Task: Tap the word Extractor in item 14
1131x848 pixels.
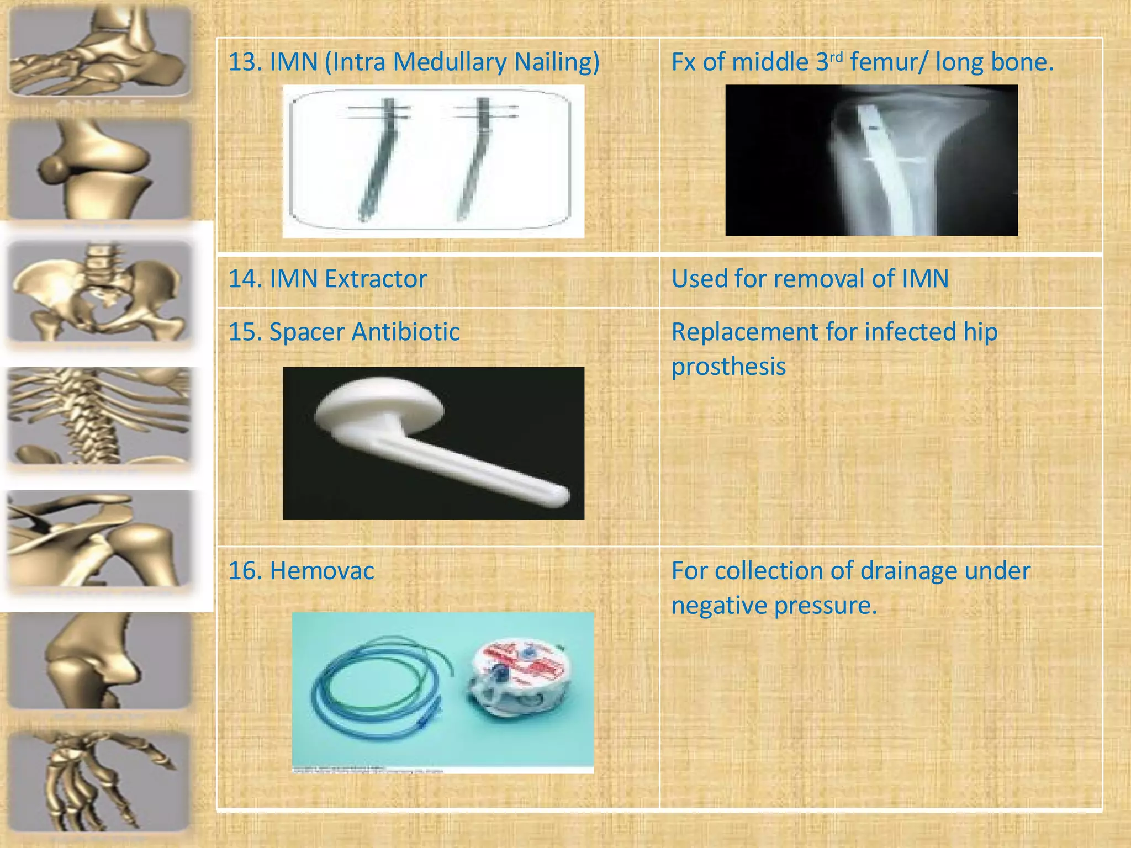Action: (x=376, y=279)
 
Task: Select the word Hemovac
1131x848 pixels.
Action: (x=321, y=571)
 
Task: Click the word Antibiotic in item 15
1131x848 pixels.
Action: (x=405, y=332)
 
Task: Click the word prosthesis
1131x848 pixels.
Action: (x=728, y=367)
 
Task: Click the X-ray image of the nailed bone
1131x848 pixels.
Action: (x=871, y=160)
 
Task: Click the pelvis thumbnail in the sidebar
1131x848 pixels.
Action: (x=99, y=293)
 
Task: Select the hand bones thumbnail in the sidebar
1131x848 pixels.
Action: (x=99, y=781)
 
